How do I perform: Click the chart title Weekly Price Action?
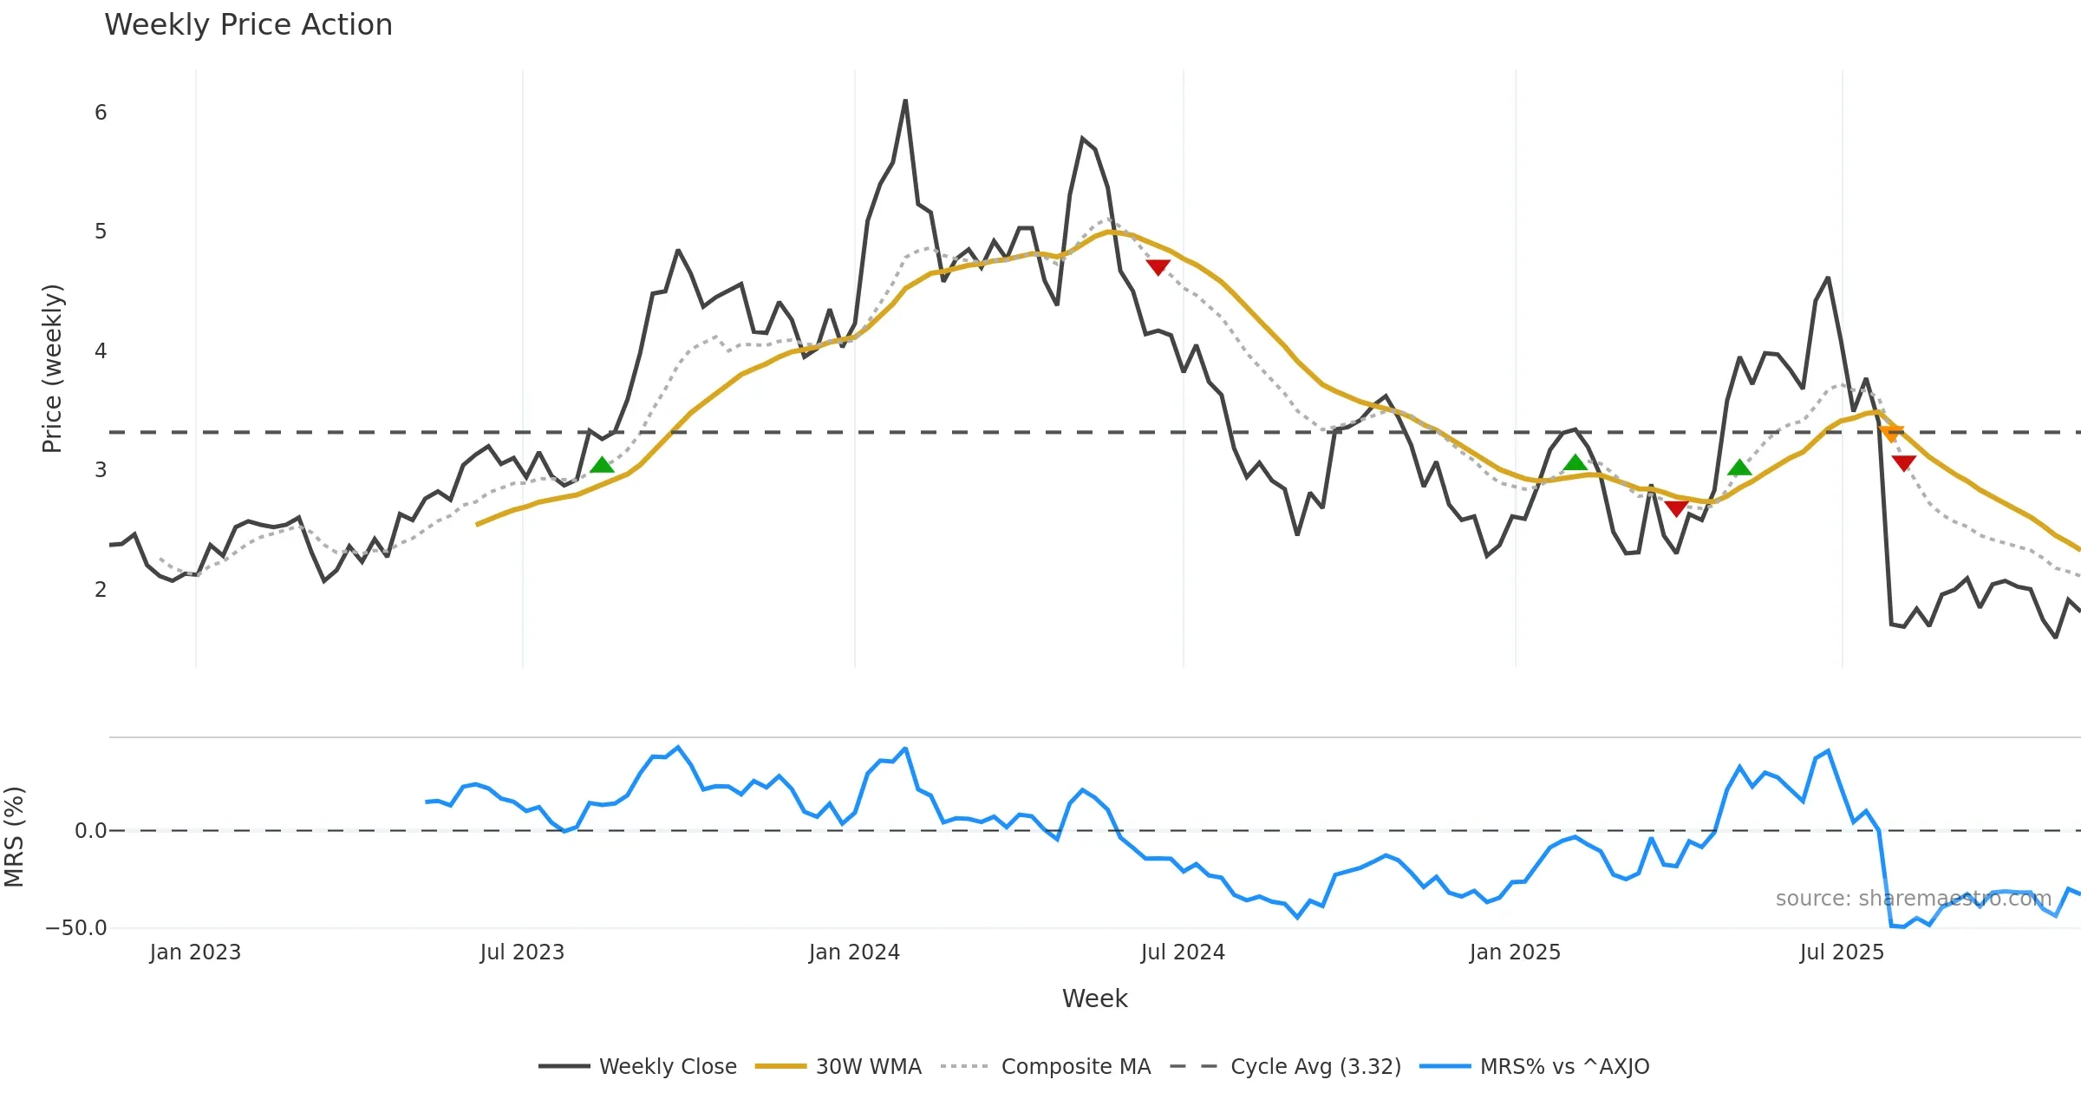tap(248, 25)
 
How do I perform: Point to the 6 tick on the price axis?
tap(101, 113)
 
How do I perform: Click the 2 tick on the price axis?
tap(101, 590)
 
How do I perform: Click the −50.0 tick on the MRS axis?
tap(76, 928)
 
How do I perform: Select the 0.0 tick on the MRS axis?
tap(90, 831)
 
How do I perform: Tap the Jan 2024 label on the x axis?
tap(854, 952)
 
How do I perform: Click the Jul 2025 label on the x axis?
tap(1842, 952)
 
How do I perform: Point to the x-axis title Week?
tap(1094, 999)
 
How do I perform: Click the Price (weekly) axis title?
tap(52, 369)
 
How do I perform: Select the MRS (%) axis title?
tap(14, 837)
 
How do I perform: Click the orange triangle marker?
tap(1892, 433)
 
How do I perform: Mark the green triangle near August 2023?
tap(602, 466)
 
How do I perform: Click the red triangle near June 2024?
tap(1158, 267)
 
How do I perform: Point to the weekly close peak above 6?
tap(905, 101)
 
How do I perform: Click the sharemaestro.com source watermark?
tap(1913, 899)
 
